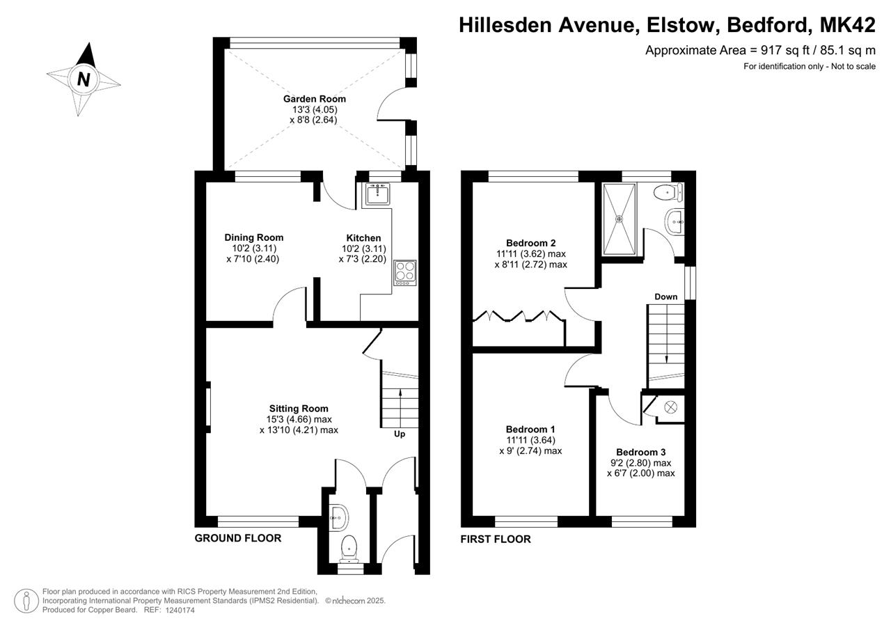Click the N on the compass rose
click(x=83, y=79)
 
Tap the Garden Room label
click(x=314, y=99)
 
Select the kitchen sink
click(x=376, y=194)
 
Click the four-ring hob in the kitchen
click(x=405, y=272)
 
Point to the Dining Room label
click(x=254, y=237)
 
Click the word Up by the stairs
click(x=400, y=434)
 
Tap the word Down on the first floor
click(x=666, y=297)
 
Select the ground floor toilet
click(x=349, y=549)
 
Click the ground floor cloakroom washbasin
click(x=339, y=517)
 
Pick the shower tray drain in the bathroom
click(x=619, y=219)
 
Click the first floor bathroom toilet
click(x=668, y=193)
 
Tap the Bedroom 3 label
click(x=641, y=452)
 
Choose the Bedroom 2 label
click(x=530, y=243)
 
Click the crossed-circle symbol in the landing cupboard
click(x=670, y=407)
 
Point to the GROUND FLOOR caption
click(x=238, y=538)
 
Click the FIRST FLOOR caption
click(x=496, y=540)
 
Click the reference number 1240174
click(x=180, y=610)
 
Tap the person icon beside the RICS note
click(x=26, y=601)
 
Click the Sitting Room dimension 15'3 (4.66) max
click(x=299, y=419)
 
